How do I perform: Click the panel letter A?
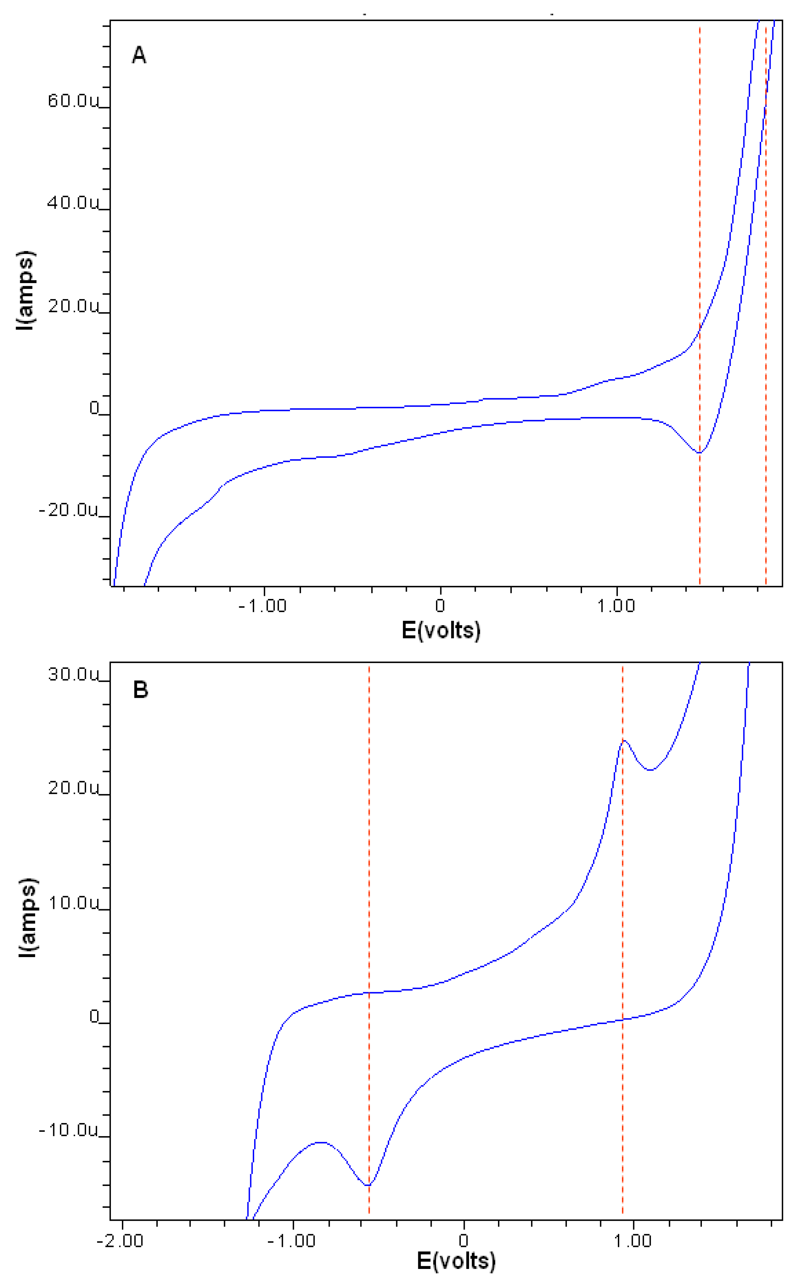click(x=138, y=55)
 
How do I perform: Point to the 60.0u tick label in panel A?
click(x=73, y=100)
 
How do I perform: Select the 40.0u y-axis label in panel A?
click(x=73, y=203)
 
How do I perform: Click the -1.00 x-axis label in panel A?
click(x=263, y=606)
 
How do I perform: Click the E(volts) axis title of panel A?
click(x=441, y=630)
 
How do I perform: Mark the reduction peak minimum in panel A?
click(x=699, y=452)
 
